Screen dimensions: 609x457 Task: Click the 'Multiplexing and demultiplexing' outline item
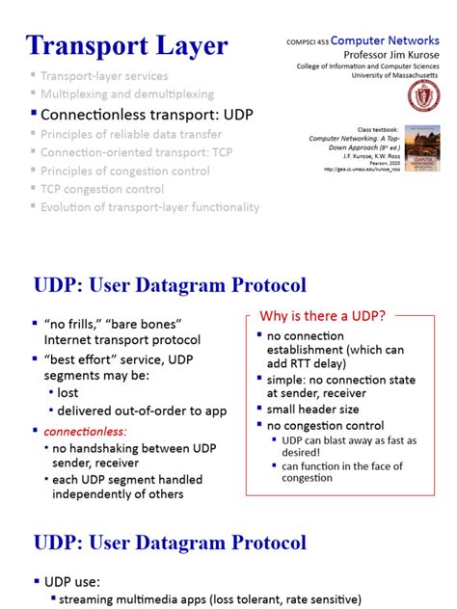point(127,94)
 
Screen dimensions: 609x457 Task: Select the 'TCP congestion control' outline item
point(102,189)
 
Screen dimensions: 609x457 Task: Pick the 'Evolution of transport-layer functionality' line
point(149,207)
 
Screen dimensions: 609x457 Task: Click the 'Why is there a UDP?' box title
point(323,315)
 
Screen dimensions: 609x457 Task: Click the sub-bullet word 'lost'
point(68,393)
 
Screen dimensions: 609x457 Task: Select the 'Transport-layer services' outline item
point(104,75)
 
